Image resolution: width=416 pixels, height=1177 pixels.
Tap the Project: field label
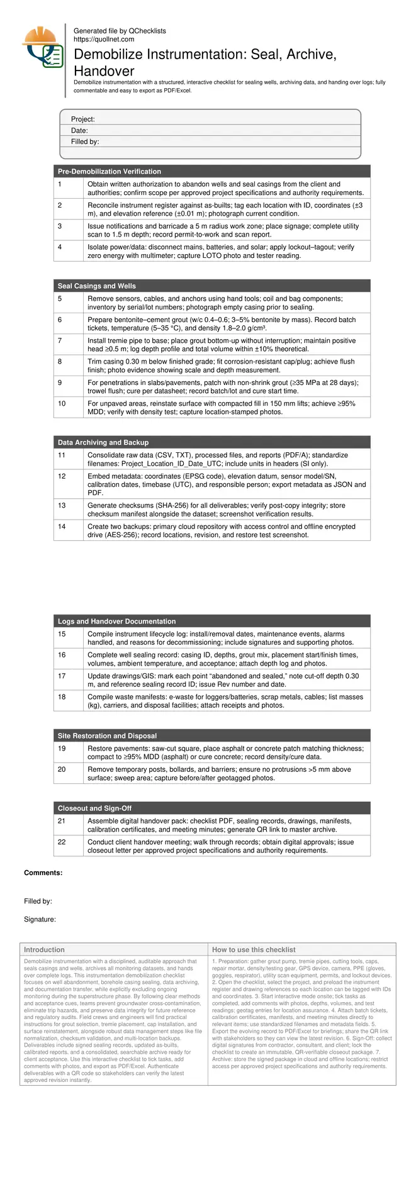(x=83, y=120)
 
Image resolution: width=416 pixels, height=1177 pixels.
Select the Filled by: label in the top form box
(x=85, y=142)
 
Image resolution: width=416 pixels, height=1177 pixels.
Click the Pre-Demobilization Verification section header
(x=110, y=171)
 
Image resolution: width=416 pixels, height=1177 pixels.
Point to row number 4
(x=60, y=247)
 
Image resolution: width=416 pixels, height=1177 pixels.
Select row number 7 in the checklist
(x=60, y=340)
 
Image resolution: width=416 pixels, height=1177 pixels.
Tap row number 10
(x=62, y=403)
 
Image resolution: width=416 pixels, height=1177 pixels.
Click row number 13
(x=62, y=505)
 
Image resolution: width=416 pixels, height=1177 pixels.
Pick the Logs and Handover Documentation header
(x=116, y=621)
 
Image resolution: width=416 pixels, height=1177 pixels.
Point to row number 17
(x=62, y=676)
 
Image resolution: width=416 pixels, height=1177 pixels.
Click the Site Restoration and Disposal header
(x=107, y=735)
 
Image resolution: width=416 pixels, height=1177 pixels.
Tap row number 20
(x=62, y=769)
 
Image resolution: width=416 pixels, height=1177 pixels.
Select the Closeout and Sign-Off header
(x=94, y=808)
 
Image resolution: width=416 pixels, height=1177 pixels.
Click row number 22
(x=62, y=842)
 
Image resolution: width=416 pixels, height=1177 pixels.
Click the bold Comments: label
(x=43, y=873)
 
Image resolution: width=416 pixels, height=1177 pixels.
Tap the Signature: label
(x=40, y=919)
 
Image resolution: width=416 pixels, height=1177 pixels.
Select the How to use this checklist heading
(x=254, y=949)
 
